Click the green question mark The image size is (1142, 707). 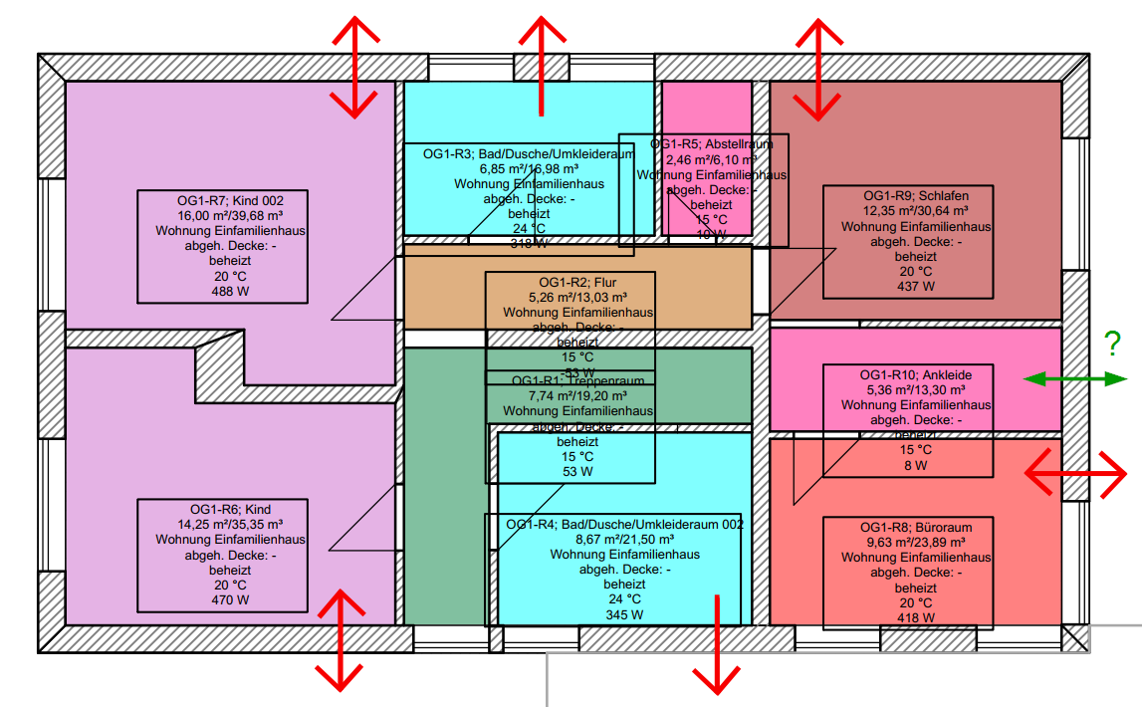click(1113, 345)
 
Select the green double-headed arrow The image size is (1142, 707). click(1075, 378)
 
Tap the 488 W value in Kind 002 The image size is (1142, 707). click(223, 292)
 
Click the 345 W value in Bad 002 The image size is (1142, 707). click(624, 615)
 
